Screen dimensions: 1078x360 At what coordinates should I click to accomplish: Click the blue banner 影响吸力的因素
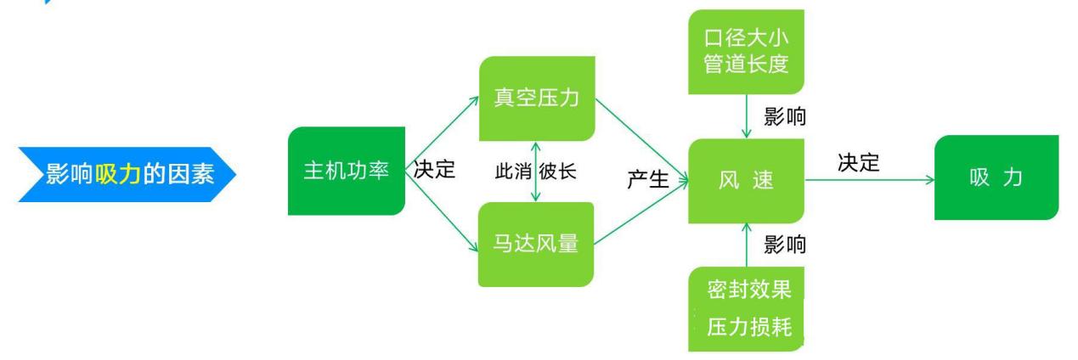point(127,174)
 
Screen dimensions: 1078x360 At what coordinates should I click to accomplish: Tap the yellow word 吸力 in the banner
point(118,174)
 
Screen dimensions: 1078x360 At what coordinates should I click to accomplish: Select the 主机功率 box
point(347,171)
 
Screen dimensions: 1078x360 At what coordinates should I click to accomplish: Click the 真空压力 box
point(537,98)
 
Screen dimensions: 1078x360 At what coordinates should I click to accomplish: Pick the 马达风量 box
point(536,245)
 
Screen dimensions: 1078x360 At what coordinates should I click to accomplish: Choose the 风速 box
point(747,181)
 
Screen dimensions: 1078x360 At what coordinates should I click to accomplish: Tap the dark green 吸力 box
point(996,177)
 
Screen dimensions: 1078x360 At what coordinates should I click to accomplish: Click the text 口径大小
point(747,38)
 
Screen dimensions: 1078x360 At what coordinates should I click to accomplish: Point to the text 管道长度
point(747,64)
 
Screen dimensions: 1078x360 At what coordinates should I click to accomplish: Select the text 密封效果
point(749,290)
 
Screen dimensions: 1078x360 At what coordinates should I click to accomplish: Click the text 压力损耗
point(749,327)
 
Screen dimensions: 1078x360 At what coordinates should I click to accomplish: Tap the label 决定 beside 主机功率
point(434,170)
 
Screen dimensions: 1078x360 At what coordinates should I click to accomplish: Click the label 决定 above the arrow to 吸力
point(859,163)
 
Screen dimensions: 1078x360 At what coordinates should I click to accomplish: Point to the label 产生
point(648,180)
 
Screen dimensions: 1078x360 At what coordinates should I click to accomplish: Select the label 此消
point(513,172)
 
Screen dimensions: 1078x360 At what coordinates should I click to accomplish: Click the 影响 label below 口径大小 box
point(785,117)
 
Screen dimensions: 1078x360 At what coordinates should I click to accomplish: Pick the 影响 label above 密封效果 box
point(785,245)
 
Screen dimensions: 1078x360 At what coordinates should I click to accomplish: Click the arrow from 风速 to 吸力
point(870,181)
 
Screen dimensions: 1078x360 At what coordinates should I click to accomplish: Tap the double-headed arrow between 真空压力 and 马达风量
point(536,172)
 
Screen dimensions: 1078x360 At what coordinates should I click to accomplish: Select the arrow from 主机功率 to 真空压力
point(443,133)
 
